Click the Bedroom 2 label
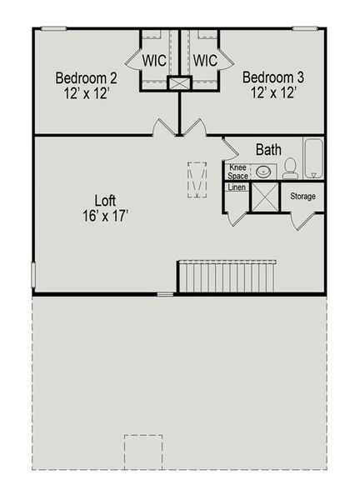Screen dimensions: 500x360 (x=86, y=78)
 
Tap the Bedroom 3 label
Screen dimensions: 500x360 (x=273, y=78)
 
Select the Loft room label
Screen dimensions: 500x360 (x=105, y=200)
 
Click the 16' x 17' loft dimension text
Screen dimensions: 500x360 (x=105, y=215)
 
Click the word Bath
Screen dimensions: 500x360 (x=267, y=150)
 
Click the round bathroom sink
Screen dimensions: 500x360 (x=262, y=172)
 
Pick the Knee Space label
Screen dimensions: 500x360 (x=237, y=172)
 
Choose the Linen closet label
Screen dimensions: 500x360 (x=236, y=187)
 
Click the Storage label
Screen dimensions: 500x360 (x=302, y=197)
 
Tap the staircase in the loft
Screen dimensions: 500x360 (x=227, y=276)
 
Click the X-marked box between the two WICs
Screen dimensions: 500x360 (x=180, y=83)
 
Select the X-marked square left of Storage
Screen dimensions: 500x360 (x=265, y=197)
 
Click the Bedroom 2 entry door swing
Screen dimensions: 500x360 (x=163, y=127)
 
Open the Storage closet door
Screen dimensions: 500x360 (x=302, y=221)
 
